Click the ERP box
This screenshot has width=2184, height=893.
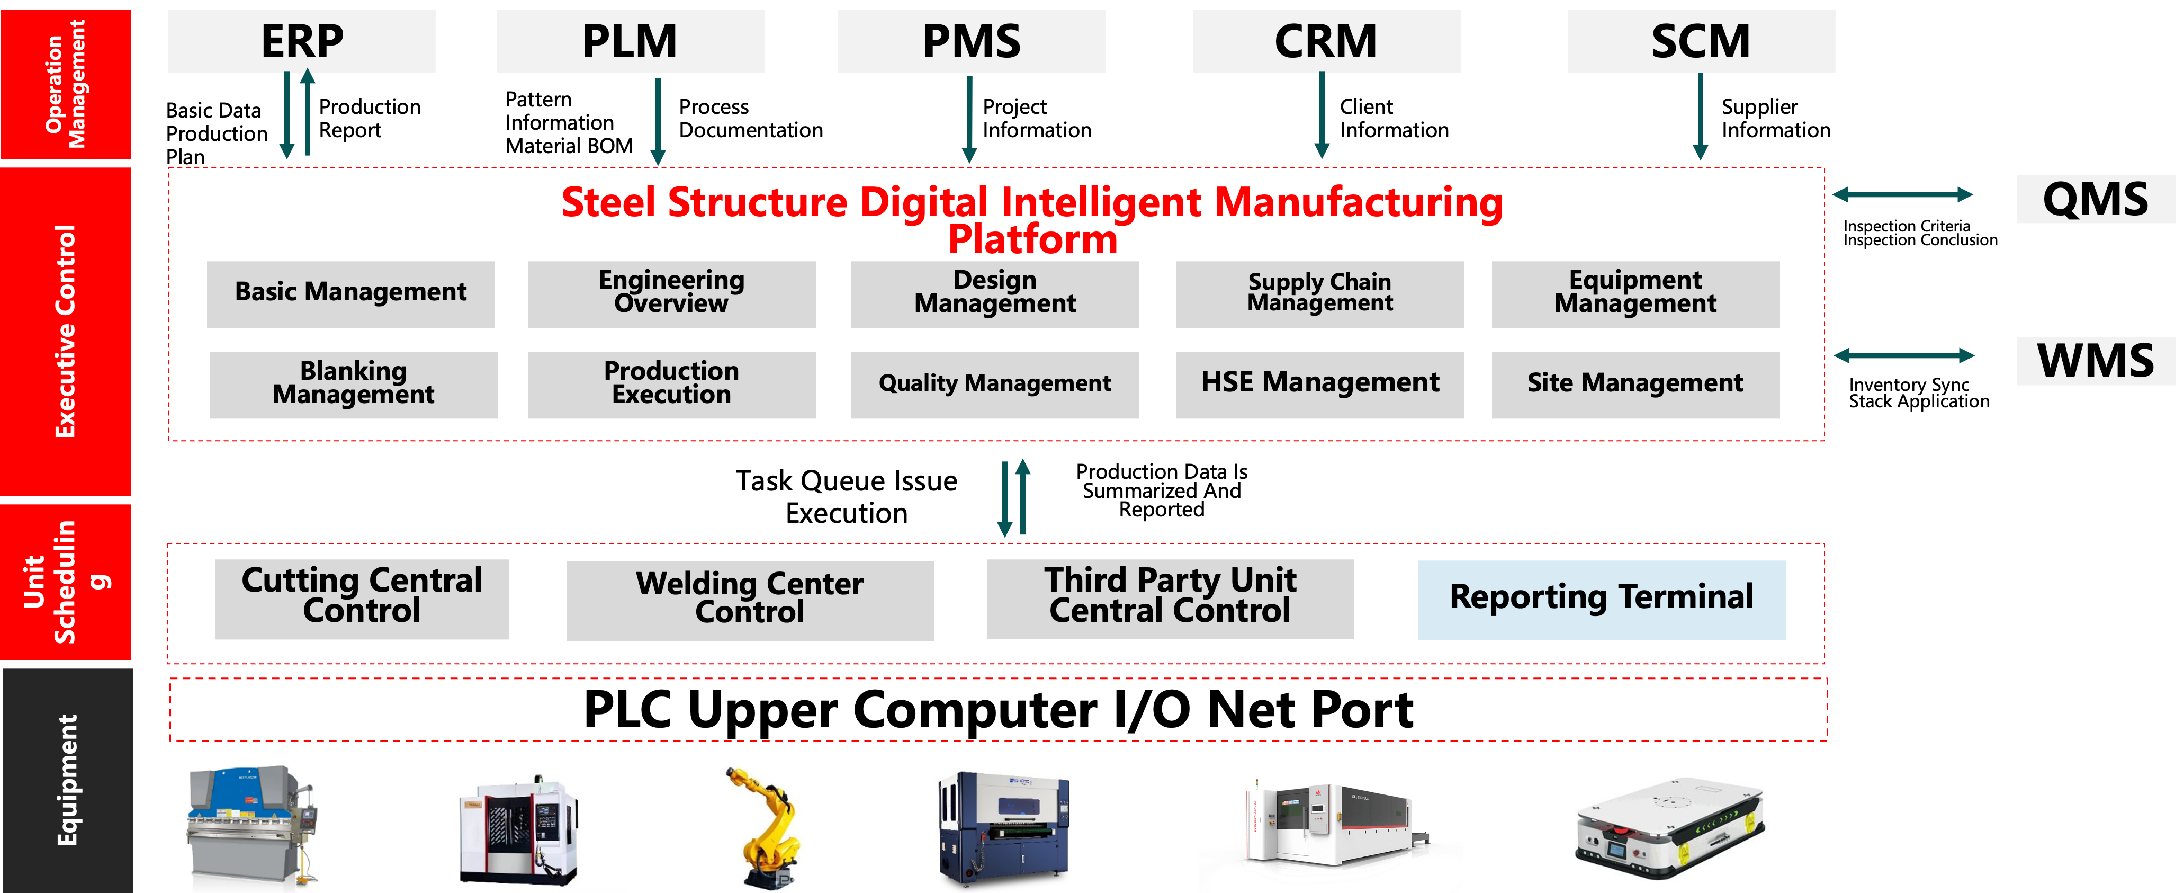point(302,41)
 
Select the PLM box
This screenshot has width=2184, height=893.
point(630,41)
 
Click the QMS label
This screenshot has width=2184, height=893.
point(2095,199)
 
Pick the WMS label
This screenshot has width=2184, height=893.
point(2095,360)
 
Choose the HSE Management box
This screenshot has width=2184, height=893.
point(1319,384)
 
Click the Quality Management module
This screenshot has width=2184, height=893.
point(994,384)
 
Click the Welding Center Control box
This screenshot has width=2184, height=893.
point(750,600)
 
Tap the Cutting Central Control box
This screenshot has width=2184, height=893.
point(362,598)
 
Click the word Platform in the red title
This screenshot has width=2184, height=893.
point(1032,240)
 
